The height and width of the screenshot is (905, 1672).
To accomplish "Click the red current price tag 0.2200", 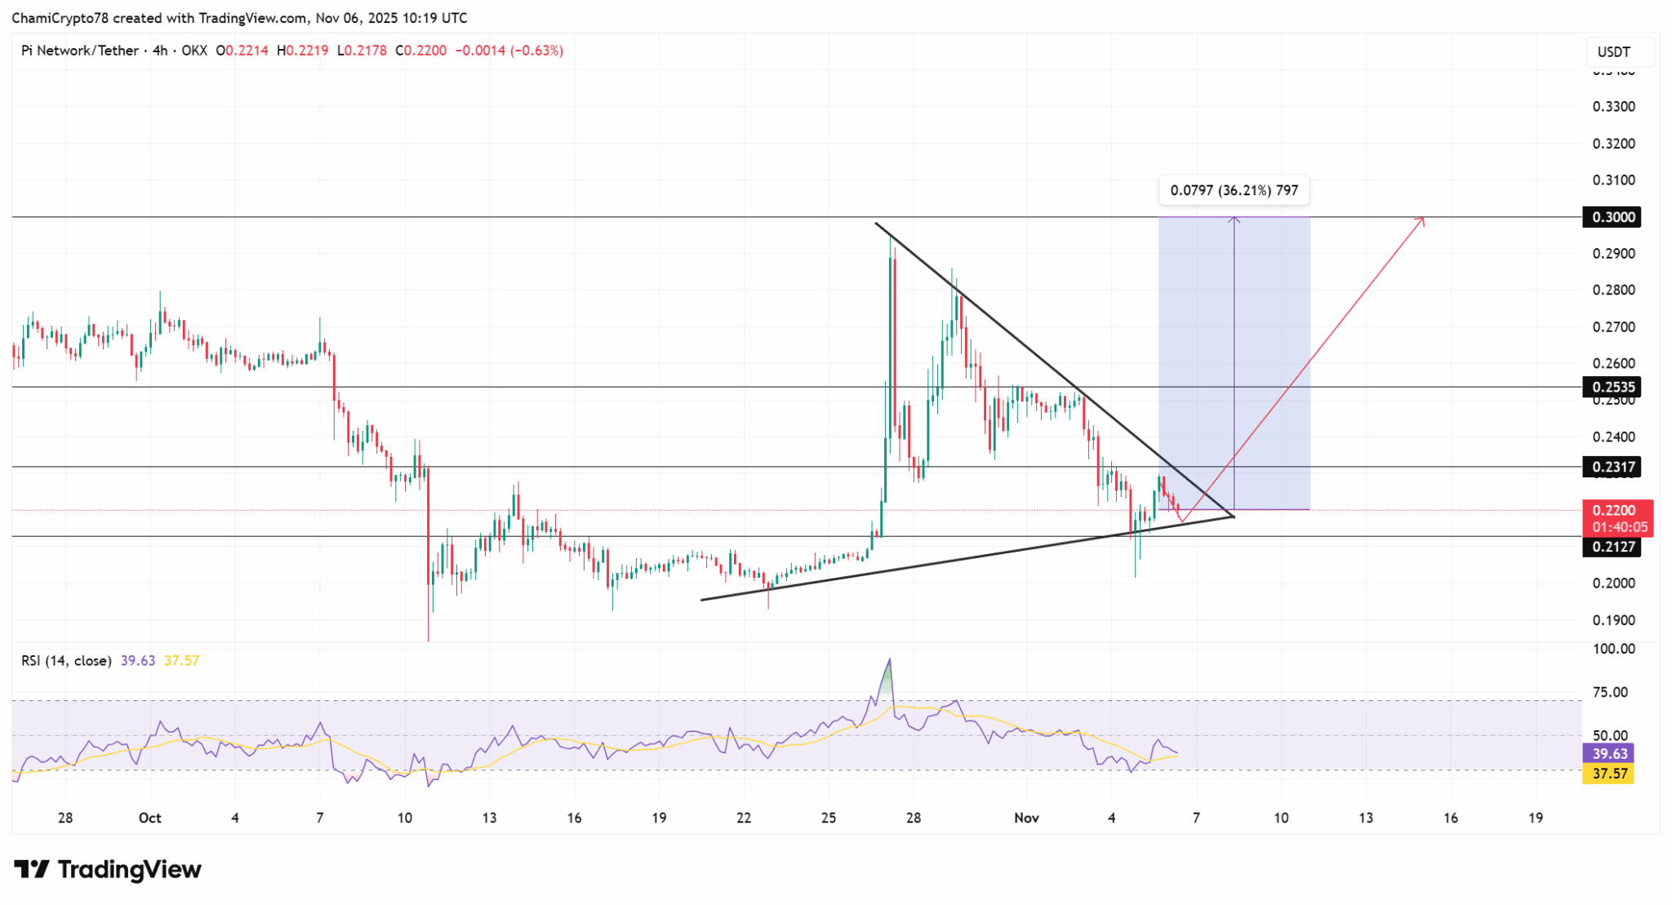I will click(x=1616, y=511).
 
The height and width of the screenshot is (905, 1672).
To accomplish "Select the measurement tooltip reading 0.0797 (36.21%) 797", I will click(x=1234, y=191).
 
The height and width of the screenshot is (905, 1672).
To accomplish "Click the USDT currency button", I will click(x=1613, y=52).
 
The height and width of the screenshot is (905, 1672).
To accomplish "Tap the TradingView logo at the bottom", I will click(x=108, y=870).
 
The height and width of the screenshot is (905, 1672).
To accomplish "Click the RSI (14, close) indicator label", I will click(x=66, y=661).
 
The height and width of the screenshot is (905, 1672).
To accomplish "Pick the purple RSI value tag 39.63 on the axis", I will click(x=1608, y=754).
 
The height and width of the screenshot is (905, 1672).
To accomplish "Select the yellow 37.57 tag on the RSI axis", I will click(x=1608, y=774).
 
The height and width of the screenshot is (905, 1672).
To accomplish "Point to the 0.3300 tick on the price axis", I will click(x=1614, y=107).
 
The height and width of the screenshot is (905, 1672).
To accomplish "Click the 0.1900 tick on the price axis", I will click(x=1614, y=620).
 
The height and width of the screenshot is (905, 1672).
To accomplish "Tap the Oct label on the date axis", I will click(x=150, y=818).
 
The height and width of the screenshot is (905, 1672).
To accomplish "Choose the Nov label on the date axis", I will click(x=1026, y=818).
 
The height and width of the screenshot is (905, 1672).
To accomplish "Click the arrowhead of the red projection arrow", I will click(x=1422, y=218).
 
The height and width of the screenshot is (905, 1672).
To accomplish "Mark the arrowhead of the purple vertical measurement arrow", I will click(x=1234, y=219).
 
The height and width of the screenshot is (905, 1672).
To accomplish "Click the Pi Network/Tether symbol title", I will click(x=80, y=51).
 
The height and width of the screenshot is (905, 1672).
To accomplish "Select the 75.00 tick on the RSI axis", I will click(x=1610, y=692).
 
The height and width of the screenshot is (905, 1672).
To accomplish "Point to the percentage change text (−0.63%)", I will click(x=537, y=51).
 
